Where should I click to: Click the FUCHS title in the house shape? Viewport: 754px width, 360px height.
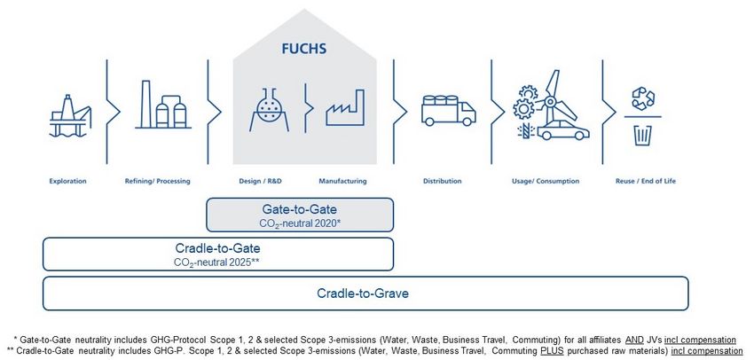coord(305,49)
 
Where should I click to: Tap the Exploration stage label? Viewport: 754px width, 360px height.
coord(68,181)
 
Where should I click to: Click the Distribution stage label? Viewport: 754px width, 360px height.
coord(442,181)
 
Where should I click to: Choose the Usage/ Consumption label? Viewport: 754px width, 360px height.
coord(546,181)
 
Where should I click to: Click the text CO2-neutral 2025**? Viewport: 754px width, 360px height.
coord(217,262)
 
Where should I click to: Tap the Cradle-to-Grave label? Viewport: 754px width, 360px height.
coord(364,293)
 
